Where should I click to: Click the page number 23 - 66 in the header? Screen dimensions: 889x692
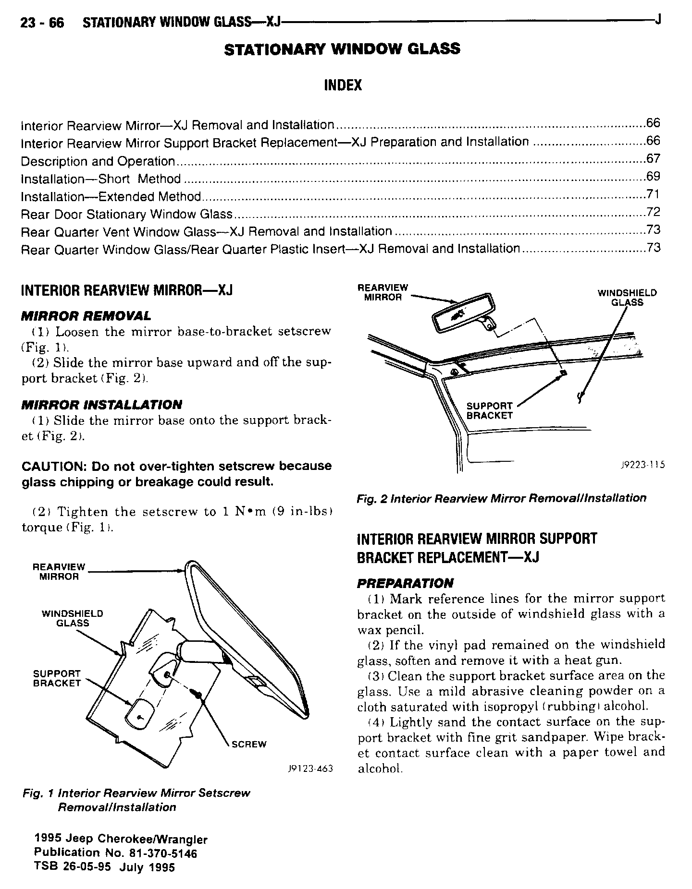point(42,23)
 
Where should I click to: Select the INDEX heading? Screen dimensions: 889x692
point(343,85)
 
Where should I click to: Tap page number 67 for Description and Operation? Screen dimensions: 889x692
point(653,159)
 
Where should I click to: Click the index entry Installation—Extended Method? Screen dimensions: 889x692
point(111,197)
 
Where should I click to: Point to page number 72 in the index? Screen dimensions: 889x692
point(653,212)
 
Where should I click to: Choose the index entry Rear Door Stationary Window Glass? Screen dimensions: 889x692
point(127,215)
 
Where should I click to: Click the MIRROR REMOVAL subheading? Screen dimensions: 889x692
point(86,316)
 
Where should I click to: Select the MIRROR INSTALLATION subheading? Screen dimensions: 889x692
point(101,405)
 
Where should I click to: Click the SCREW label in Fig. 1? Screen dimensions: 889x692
point(248,745)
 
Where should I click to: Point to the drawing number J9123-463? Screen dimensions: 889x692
point(309,769)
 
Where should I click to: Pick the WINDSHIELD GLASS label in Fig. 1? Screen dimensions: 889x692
point(72,618)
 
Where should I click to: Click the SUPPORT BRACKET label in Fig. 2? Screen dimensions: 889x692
point(489,411)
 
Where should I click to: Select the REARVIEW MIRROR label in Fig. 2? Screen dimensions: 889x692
point(383,292)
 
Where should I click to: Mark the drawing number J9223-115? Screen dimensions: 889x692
point(642,465)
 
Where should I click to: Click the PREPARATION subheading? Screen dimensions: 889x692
point(405,583)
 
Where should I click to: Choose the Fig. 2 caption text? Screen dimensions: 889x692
point(501,498)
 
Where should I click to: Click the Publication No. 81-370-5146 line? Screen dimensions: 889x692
point(115,853)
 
